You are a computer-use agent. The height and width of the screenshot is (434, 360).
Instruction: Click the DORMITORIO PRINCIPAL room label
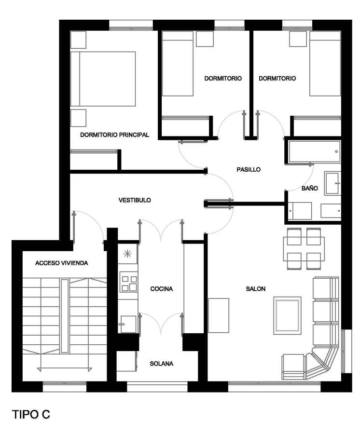(114, 135)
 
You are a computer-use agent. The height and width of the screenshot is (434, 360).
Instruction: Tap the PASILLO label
(249, 169)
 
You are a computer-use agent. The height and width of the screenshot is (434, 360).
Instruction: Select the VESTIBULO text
(135, 200)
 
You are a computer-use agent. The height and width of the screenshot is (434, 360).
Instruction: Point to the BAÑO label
(310, 188)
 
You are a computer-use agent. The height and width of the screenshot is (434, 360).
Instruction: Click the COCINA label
(162, 289)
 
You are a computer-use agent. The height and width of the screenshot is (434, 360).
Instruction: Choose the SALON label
(256, 289)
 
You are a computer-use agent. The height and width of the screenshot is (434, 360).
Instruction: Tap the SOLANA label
(162, 364)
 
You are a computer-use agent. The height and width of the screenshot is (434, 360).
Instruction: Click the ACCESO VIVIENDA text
(61, 263)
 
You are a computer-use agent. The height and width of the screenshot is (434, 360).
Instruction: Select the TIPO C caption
(31, 414)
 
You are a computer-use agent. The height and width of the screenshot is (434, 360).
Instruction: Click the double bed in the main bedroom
(103, 79)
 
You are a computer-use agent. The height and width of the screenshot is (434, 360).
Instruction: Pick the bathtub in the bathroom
(314, 152)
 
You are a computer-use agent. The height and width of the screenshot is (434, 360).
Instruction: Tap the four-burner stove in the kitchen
(129, 282)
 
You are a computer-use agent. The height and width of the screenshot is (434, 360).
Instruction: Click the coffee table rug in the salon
(287, 315)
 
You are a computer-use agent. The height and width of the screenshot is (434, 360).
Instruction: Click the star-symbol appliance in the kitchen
(127, 254)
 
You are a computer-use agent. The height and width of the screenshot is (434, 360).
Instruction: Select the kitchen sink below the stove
(128, 324)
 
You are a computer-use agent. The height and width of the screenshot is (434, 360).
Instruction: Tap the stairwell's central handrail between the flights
(65, 316)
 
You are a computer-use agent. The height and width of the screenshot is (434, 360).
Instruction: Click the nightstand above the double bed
(78, 40)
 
